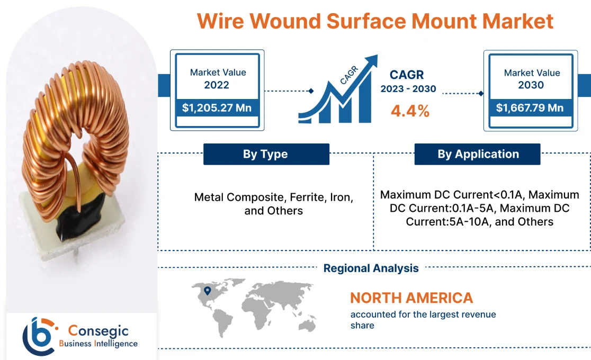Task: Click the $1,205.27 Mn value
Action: pos(217,109)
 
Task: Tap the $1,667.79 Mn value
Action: pos(530,109)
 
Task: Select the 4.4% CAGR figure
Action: pos(410,111)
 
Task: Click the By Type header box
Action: pos(266,154)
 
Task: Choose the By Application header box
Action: pos(478,154)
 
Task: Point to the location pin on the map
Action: pos(207,290)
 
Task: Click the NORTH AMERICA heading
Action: pos(411,298)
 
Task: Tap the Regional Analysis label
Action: pos(371,268)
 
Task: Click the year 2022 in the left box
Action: pos(217,85)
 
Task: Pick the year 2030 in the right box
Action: pos(531,85)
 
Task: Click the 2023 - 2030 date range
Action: pos(408,89)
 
